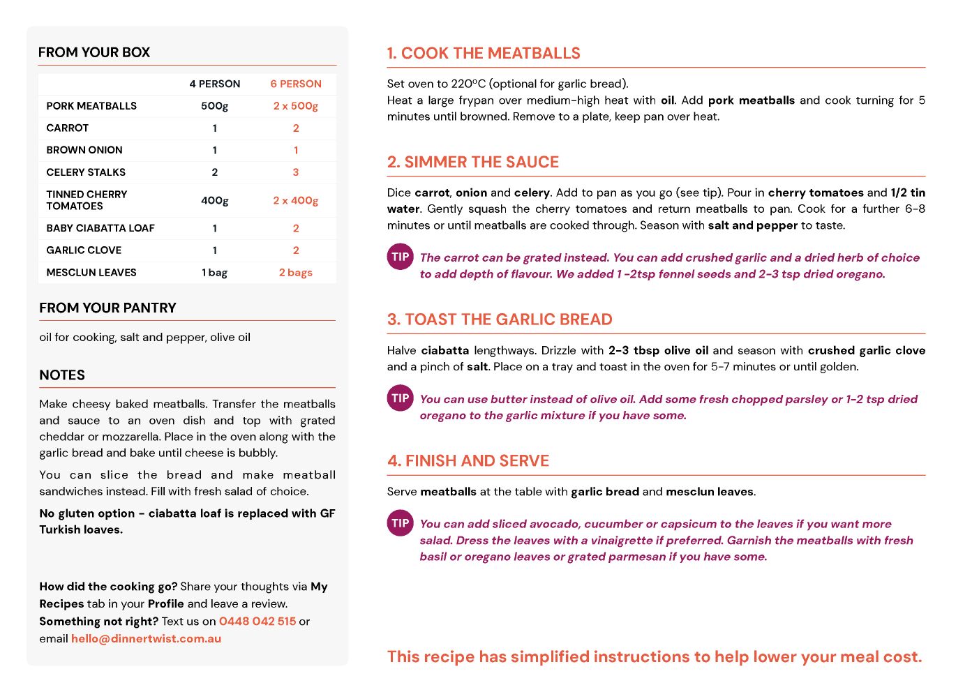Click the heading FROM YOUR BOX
coord(94,52)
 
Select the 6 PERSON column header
coord(296,84)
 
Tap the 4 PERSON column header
coord(214,84)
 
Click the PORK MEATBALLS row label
coord(91,106)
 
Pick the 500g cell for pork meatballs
coord(214,106)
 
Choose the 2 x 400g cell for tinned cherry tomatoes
coord(295,200)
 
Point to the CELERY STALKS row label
coord(86,172)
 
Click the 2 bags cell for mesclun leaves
coord(295,273)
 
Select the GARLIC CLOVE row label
coord(84,250)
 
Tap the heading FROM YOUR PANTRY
coord(107,308)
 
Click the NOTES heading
coord(62,375)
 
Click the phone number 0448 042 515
coord(257,621)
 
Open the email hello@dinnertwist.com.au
coord(146,638)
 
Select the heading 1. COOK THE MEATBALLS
coord(484,53)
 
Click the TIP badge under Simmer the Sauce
coord(401,257)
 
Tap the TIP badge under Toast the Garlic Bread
coord(401,398)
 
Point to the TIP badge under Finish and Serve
coord(401,523)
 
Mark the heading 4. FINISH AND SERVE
coord(468,460)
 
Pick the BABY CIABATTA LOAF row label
coord(100,228)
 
